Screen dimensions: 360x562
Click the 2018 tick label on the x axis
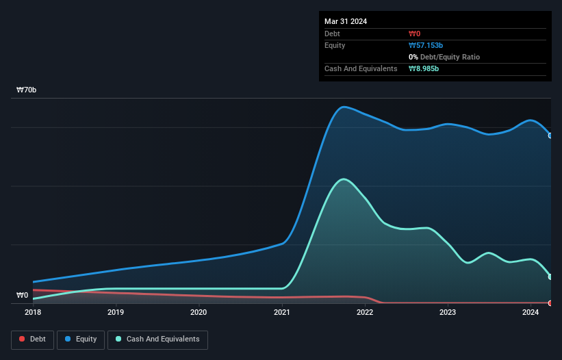32,313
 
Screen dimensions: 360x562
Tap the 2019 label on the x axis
116,313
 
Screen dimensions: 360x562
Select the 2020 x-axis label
199,313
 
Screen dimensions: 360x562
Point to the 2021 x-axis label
281,313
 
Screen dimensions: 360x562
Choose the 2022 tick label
364,313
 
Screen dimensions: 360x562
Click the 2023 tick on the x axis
448,313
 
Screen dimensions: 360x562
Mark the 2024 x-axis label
531,313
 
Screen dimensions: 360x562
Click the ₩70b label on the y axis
27,90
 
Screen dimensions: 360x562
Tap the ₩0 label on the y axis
23,296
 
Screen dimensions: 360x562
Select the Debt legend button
33,339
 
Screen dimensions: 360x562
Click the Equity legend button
81,339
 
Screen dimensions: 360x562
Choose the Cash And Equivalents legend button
157,339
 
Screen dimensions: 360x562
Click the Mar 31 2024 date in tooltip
346,21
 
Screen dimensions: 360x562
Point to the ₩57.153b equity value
426,45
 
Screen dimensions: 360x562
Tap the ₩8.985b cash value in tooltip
424,69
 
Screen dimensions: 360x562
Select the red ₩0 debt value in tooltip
414,34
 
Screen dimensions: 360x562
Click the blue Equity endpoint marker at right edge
550,136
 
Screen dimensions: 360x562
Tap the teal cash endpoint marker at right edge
550,277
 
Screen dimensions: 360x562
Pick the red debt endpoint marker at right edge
550,303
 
